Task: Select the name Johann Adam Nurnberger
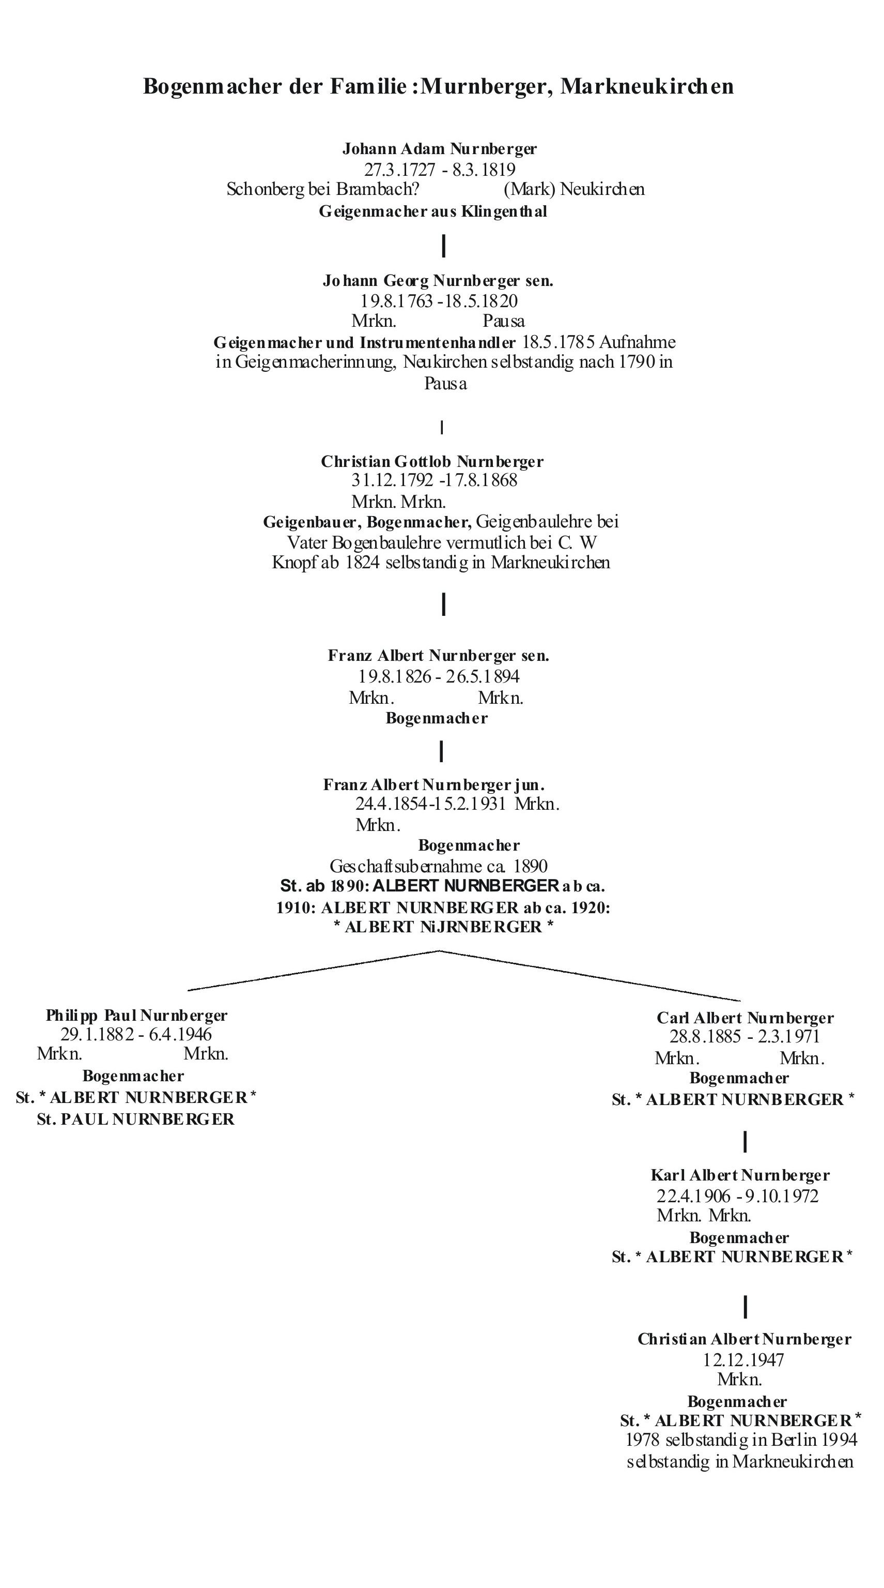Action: coord(439,148)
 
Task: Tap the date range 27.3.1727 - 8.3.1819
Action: coord(439,170)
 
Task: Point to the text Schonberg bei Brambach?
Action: coord(323,189)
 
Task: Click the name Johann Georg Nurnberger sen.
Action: coord(438,281)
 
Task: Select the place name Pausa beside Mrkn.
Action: coord(503,321)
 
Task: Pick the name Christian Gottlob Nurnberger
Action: coord(432,462)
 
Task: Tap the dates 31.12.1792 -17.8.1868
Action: coord(435,480)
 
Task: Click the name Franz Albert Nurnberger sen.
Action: coord(438,655)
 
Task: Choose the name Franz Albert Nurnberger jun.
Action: coord(433,785)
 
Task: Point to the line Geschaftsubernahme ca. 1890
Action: coord(439,866)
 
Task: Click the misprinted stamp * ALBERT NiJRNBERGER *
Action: coord(443,927)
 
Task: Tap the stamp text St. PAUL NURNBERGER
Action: coord(135,1120)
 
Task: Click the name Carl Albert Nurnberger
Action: coord(745,1018)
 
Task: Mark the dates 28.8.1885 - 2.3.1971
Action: coord(745,1037)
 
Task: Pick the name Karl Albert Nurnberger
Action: coord(740,1175)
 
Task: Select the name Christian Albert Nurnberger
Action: coord(744,1339)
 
